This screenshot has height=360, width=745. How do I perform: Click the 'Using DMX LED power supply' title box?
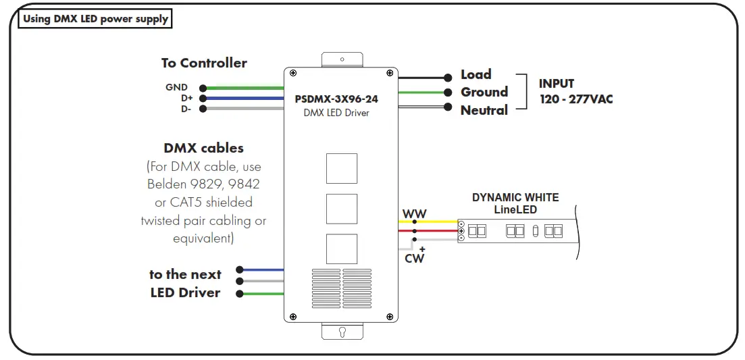pos(95,19)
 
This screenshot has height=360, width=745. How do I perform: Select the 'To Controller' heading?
pos(204,63)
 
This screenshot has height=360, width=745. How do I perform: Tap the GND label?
pos(177,88)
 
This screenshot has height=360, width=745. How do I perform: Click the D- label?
pos(186,108)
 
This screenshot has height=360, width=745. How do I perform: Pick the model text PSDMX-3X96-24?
pos(336,99)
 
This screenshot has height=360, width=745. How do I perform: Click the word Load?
pos(476,74)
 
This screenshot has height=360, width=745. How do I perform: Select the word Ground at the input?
pos(484,92)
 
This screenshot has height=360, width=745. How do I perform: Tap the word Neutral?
pos(484,109)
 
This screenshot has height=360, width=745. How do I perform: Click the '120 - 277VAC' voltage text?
pos(576,99)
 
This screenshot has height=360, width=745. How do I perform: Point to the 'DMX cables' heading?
pos(203,148)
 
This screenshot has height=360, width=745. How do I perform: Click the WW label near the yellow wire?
pos(415,214)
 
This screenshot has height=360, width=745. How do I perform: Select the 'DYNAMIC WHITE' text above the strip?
pos(515,198)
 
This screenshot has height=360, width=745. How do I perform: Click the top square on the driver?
pos(342,168)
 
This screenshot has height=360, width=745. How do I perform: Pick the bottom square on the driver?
pos(342,249)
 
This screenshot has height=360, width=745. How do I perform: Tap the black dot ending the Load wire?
pos(447,77)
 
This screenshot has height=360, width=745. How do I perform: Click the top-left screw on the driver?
pos(293,73)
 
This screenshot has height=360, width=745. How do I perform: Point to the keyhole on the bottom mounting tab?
pos(342,332)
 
